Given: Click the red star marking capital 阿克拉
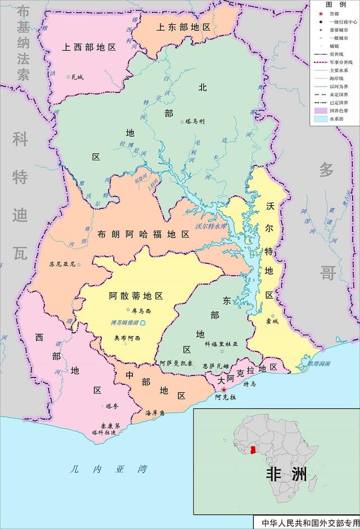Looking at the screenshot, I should [x=224, y=389].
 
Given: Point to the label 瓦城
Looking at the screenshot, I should [x=76, y=77].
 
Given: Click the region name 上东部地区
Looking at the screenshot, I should [x=183, y=27].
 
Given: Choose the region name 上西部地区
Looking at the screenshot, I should [x=89, y=47].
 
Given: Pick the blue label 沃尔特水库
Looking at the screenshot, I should [x=210, y=226].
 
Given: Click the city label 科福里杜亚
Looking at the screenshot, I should [x=222, y=343].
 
